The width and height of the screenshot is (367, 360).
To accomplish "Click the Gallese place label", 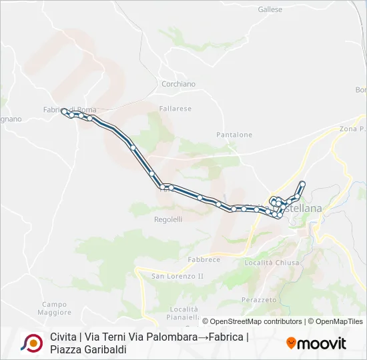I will [x=270, y=10].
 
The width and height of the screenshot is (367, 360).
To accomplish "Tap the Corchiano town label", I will [x=178, y=85].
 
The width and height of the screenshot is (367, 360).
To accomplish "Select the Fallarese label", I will [x=175, y=109].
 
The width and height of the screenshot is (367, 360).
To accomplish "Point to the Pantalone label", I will [x=234, y=135].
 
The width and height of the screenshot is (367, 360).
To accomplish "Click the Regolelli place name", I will [x=168, y=219].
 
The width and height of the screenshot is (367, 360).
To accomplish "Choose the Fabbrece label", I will [x=204, y=259].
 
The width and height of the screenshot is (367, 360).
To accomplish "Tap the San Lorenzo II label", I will [x=177, y=276].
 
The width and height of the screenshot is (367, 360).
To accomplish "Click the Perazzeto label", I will [x=259, y=300].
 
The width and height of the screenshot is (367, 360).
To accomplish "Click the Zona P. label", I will [x=352, y=129].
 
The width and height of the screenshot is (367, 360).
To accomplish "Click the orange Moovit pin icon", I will [x=290, y=343].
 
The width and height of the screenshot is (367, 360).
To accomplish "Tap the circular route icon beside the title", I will [x=31, y=343].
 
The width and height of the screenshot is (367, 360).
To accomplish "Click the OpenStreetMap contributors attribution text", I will [x=256, y=321].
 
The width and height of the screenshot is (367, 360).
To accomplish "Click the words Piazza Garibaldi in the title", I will [x=88, y=349].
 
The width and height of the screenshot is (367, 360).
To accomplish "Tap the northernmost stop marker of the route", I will [x=302, y=183].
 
